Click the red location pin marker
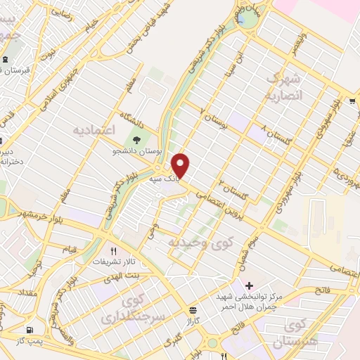pos(181,166)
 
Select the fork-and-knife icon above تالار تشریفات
pos(113,250)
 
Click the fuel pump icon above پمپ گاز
pos(29,330)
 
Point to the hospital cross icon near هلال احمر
pos(250,286)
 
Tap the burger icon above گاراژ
pos(193,310)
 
